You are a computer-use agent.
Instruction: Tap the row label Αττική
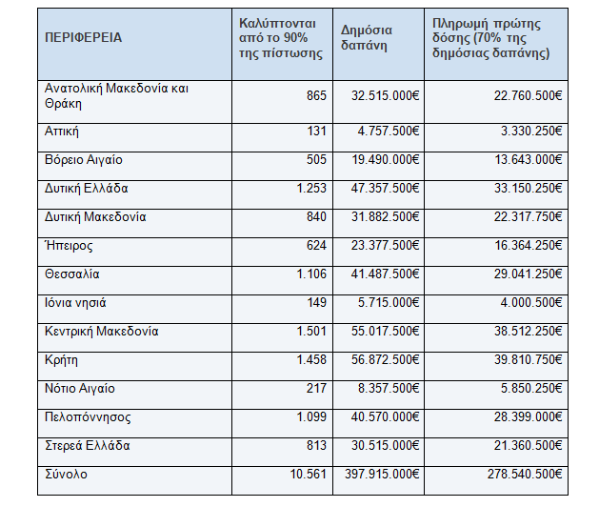(62, 131)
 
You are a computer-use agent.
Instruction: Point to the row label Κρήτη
(61, 360)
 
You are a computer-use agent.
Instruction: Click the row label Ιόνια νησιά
(75, 303)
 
